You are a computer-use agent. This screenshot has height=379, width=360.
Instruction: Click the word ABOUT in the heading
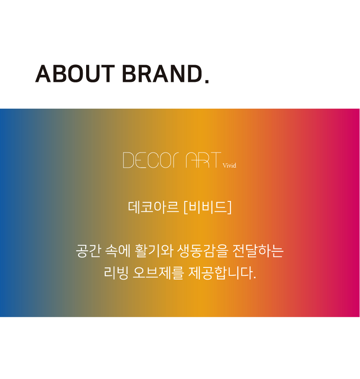click(75, 74)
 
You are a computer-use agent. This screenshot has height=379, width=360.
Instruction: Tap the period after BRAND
click(207, 81)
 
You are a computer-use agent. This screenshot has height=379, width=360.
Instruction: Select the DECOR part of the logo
click(151, 160)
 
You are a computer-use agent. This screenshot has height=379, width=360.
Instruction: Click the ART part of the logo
click(204, 160)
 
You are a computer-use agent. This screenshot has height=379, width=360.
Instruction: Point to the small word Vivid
click(230, 165)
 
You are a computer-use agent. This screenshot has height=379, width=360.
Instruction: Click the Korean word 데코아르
click(153, 207)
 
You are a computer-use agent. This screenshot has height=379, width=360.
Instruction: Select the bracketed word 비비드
click(207, 207)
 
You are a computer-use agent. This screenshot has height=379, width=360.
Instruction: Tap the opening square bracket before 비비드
click(186, 207)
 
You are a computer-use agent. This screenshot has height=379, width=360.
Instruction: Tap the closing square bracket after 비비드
click(230, 207)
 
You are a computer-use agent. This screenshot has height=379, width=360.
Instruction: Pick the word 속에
click(118, 251)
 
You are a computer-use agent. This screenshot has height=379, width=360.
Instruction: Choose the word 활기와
click(154, 251)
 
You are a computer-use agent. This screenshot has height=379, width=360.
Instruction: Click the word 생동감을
click(203, 251)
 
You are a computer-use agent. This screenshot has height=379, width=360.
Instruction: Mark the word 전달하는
click(258, 251)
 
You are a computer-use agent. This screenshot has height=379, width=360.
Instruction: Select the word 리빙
click(116, 273)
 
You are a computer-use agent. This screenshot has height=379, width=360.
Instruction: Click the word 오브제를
click(158, 273)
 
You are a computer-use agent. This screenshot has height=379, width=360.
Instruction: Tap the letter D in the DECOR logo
click(128, 160)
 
